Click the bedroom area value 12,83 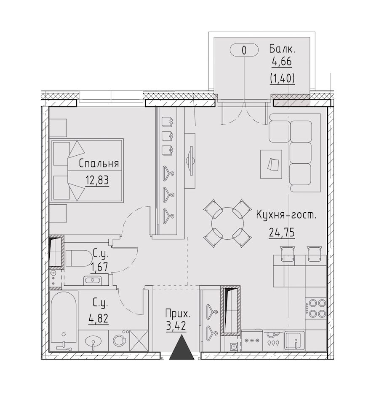pyautogui.click(x=97, y=181)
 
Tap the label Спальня pyautogui.click(x=99, y=164)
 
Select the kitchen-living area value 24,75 pyautogui.click(x=282, y=233)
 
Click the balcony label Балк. pyautogui.click(x=282, y=49)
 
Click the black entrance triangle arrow pyautogui.click(x=182, y=347)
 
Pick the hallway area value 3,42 pyautogui.click(x=176, y=327)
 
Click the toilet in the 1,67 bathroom pyautogui.click(x=80, y=258)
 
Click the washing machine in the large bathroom pyautogui.click(x=119, y=341)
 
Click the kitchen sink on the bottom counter pyautogui.click(x=295, y=341)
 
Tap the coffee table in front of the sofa pyautogui.click(x=271, y=164)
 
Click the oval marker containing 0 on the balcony pyautogui.click(x=244, y=50)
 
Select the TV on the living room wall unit pyautogui.click(x=190, y=161)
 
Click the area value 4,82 pyautogui.click(x=99, y=319)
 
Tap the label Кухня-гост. pyautogui.click(x=286, y=215)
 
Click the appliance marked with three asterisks pyautogui.click(x=252, y=341)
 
